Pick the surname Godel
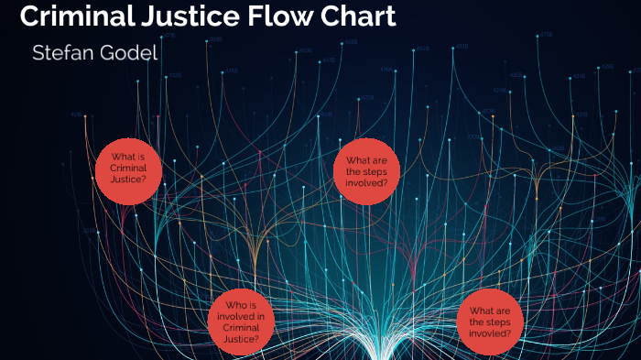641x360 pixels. tap(131, 54)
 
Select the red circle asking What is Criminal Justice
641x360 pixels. tap(127, 169)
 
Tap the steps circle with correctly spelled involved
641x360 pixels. tap(365, 171)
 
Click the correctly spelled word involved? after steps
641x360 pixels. tap(365, 182)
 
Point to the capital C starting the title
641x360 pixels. tap(28, 16)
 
